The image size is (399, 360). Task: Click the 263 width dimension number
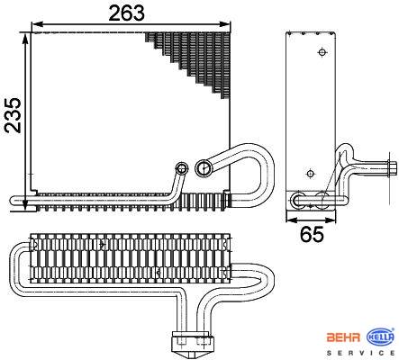(x=127, y=13)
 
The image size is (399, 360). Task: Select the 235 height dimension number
(x=13, y=115)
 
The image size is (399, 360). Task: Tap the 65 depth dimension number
(x=312, y=234)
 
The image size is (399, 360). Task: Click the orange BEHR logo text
(x=343, y=337)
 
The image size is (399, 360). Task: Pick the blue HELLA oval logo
(x=380, y=337)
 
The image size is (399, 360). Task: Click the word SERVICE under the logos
(x=360, y=353)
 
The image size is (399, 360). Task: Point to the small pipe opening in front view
(x=182, y=168)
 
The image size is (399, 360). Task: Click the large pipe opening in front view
(x=204, y=167)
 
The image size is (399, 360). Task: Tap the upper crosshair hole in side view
(x=322, y=52)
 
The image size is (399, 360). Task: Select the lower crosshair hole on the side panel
(x=310, y=174)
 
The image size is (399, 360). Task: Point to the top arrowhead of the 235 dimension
(x=25, y=38)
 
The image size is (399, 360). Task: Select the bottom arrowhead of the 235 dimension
(x=25, y=205)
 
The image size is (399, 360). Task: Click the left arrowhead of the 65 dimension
(x=292, y=220)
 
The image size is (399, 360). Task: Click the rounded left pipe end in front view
(x=14, y=201)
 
